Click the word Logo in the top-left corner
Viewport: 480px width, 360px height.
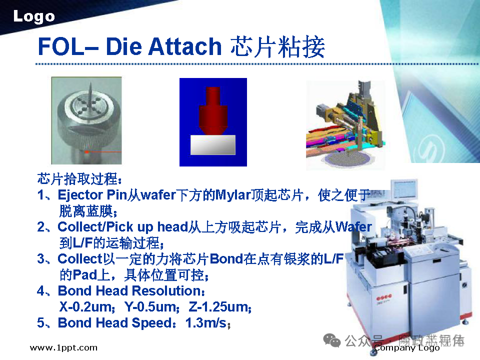tap(33, 16)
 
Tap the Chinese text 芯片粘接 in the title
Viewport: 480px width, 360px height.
tap(278, 46)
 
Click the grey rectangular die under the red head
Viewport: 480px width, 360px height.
tap(213, 144)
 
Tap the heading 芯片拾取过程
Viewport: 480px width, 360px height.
tap(79, 178)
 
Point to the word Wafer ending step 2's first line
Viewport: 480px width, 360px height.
tap(353, 227)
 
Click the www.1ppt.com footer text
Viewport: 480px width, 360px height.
tap(63, 347)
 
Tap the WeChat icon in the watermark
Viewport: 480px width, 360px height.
tap(332, 341)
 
